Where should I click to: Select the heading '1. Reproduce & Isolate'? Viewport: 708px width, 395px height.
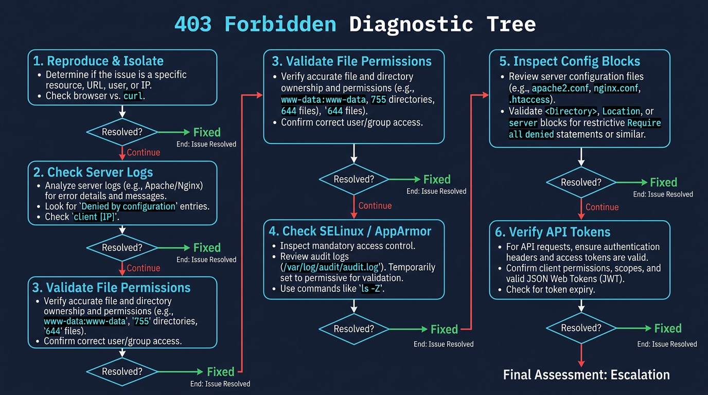(x=98, y=61)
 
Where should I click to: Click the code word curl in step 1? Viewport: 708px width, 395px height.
(x=133, y=96)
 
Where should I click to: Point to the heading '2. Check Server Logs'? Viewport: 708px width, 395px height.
(x=93, y=172)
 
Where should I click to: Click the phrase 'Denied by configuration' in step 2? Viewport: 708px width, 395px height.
(x=129, y=206)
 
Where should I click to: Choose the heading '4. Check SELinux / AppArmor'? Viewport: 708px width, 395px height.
(x=350, y=231)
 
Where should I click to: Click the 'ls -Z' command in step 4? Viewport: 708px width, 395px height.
(x=372, y=289)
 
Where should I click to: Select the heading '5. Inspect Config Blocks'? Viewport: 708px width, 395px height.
(x=570, y=61)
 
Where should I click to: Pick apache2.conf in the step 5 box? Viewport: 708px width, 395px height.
(x=560, y=88)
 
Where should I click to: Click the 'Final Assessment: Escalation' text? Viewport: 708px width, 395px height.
(x=586, y=374)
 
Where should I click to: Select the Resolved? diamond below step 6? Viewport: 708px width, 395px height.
(x=581, y=328)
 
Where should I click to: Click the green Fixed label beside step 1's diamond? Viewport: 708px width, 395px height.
(x=207, y=132)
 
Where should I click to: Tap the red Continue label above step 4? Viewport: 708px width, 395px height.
(x=375, y=206)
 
